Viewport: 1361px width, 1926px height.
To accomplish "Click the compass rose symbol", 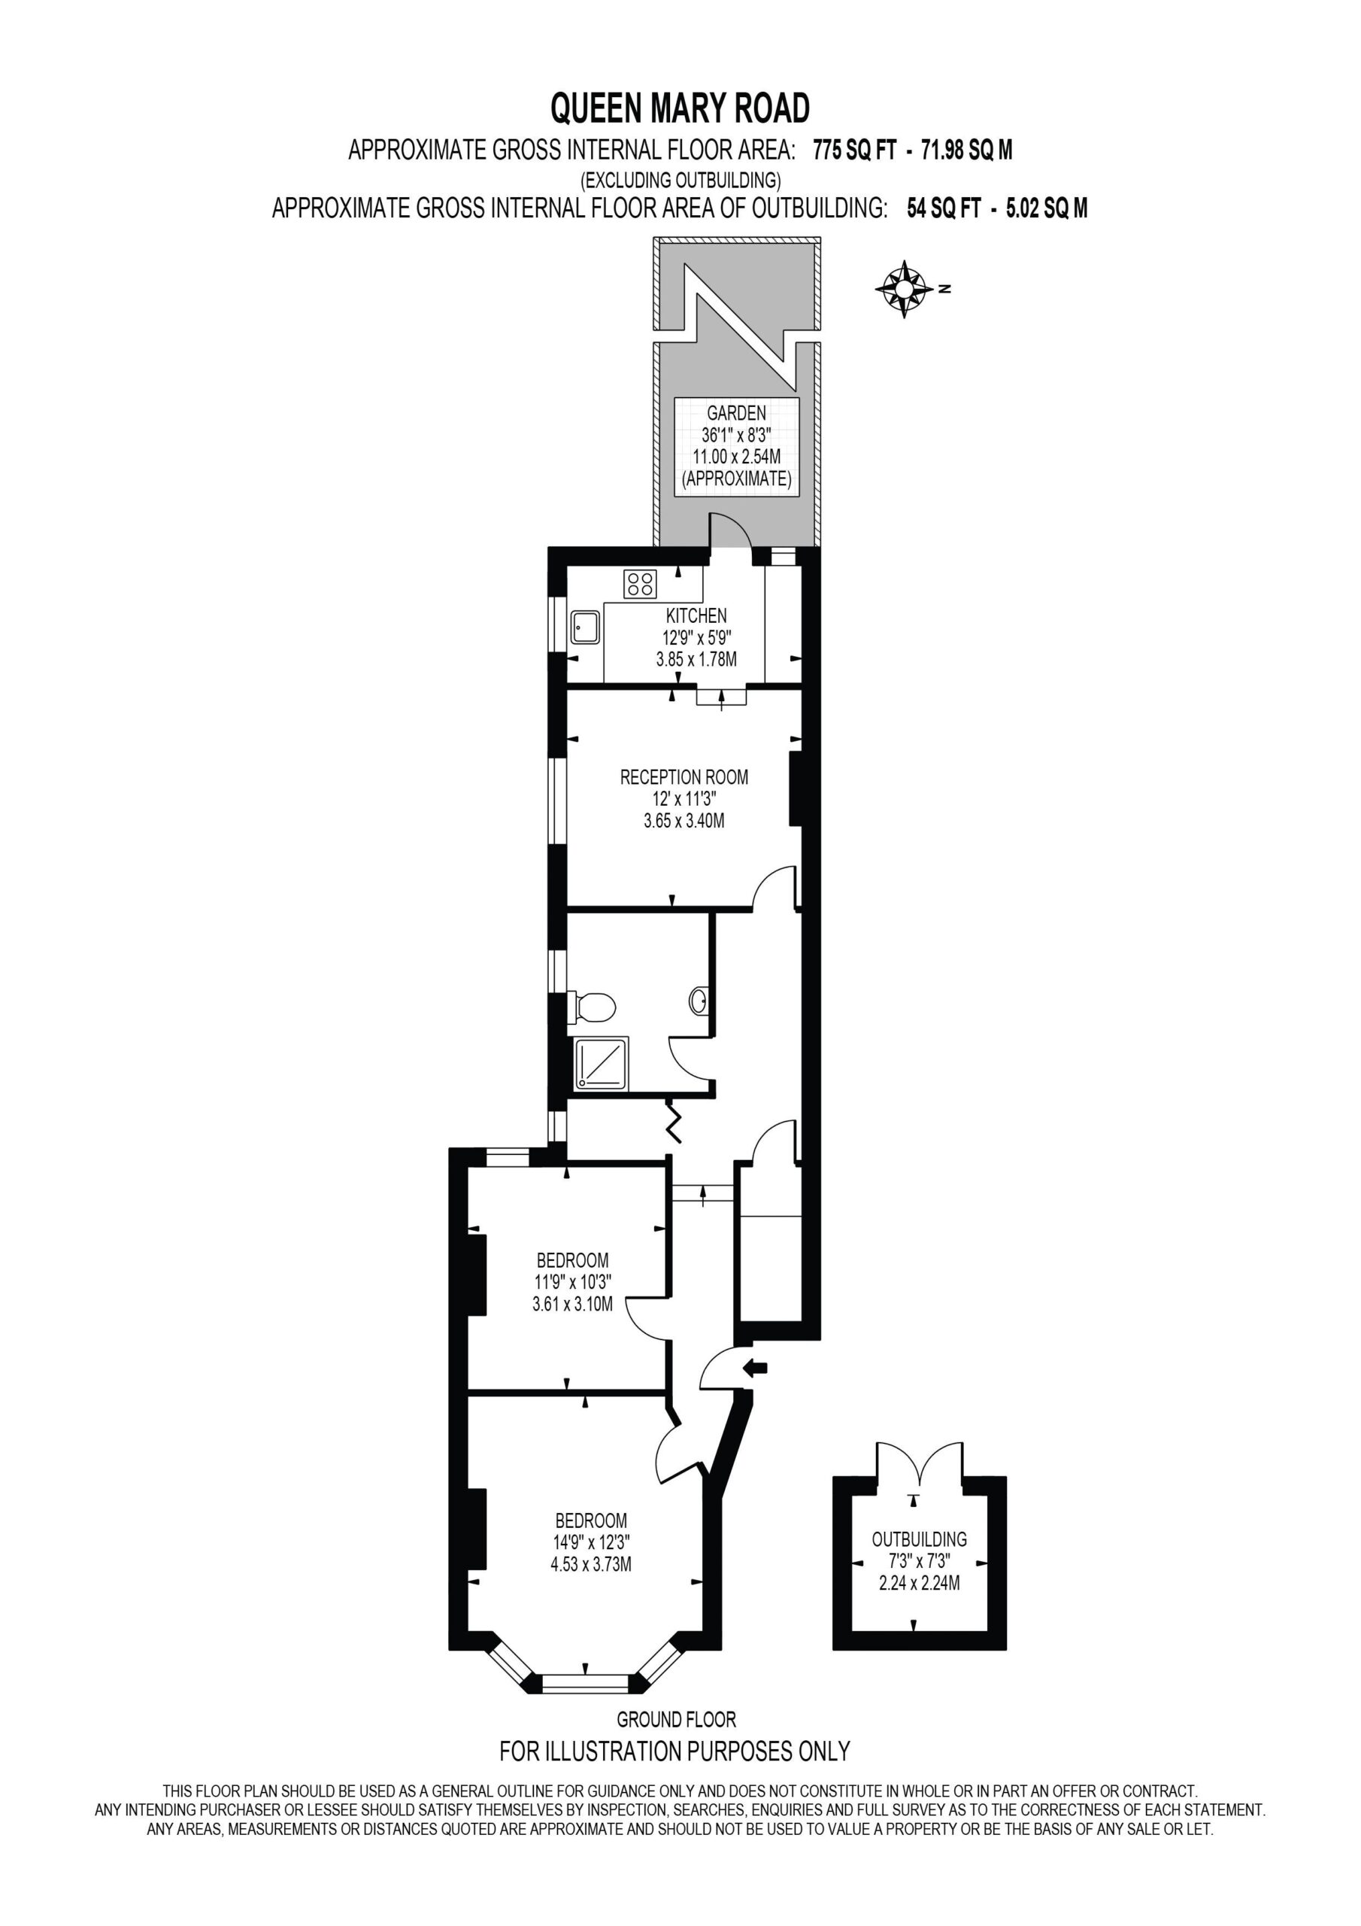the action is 903,290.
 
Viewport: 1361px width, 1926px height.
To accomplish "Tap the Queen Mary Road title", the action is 680,108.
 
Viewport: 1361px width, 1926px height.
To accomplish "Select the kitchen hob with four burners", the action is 640,584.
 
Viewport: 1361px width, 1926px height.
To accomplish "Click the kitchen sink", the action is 585,626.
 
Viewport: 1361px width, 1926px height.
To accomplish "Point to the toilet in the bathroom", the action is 592,1007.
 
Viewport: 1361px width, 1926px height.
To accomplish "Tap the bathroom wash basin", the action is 699,999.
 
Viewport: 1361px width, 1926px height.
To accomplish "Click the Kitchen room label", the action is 696,615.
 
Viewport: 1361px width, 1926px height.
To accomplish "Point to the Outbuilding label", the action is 919,1539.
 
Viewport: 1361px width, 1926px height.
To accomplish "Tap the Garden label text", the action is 735,413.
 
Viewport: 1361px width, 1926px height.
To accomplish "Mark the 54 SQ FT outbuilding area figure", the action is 944,208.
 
